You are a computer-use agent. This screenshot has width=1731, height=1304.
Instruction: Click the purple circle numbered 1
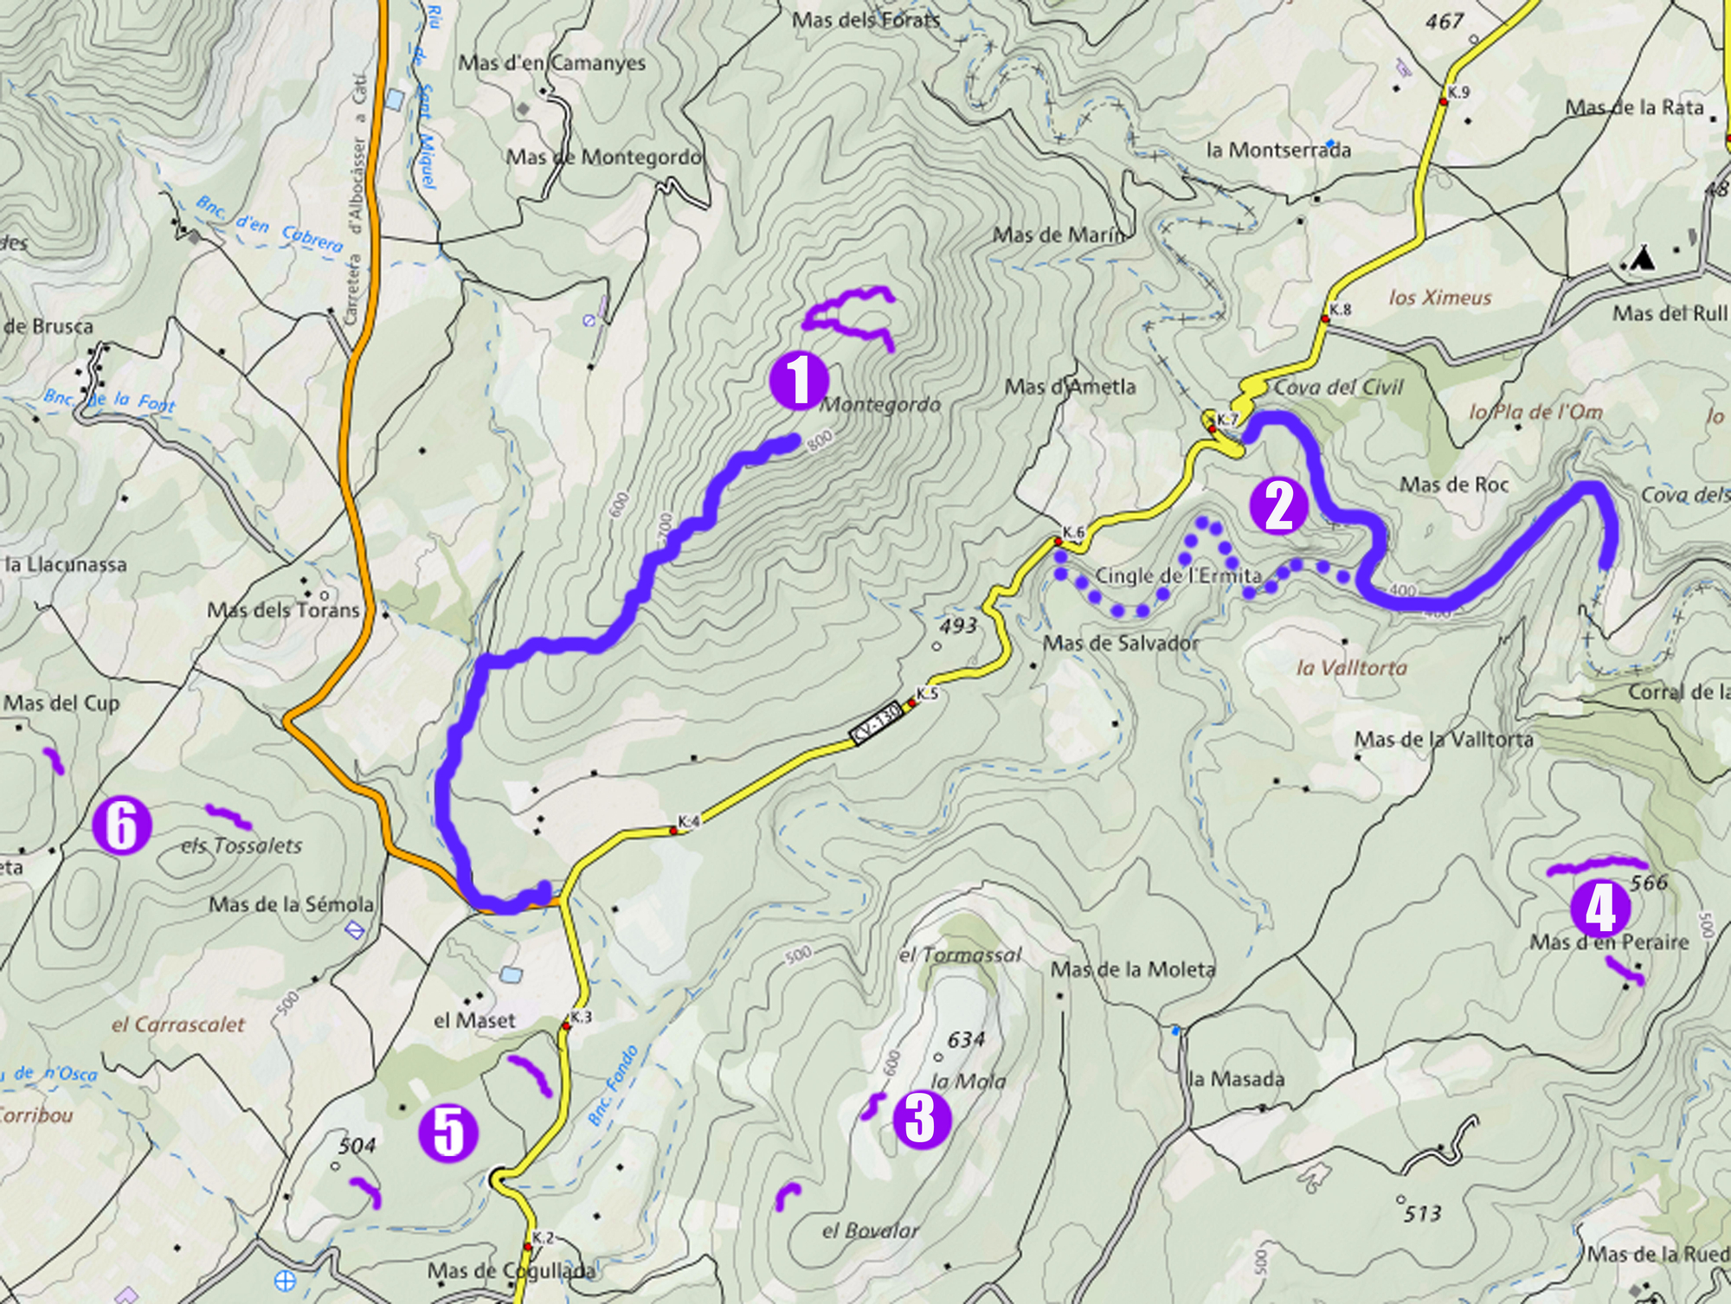point(799,380)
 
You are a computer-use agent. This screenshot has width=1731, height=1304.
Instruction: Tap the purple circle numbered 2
point(1278,506)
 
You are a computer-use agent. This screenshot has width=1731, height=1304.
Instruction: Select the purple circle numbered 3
point(921,1119)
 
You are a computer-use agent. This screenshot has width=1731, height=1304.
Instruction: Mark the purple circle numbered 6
point(122,826)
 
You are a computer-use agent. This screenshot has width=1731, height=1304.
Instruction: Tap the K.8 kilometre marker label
point(1340,309)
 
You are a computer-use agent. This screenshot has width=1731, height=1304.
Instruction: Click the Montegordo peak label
point(879,404)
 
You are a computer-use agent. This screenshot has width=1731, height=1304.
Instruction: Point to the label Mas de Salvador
point(1121,643)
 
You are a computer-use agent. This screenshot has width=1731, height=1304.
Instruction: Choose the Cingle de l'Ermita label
point(1178,575)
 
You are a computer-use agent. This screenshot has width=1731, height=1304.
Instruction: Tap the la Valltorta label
point(1351,667)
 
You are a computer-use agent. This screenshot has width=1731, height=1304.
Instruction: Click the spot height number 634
point(965,1039)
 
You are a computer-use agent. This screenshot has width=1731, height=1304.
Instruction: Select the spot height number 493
point(956,625)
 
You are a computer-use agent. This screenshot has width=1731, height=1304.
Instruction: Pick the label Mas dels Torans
point(283,610)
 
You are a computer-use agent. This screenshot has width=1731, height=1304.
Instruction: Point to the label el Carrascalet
point(178,1025)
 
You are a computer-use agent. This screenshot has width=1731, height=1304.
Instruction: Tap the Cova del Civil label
point(1338,387)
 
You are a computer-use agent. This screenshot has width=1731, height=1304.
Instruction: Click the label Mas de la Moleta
point(1132,969)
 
